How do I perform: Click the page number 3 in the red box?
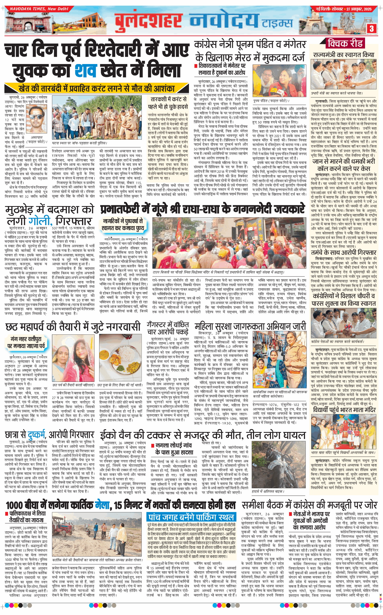(371, 28)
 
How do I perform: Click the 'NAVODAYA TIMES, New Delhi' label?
(39, 9)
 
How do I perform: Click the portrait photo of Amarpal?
(36, 121)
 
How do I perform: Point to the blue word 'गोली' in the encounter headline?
(40, 221)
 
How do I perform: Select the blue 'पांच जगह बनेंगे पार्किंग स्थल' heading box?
(191, 517)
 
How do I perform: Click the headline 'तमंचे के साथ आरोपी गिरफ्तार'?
(344, 253)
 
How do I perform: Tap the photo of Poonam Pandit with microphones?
(280, 81)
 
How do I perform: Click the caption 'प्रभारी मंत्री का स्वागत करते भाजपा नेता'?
(337, 93)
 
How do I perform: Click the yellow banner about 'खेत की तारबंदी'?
(96, 88)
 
